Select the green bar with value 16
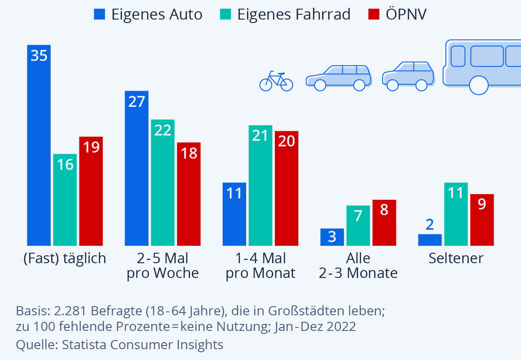tap(65, 200)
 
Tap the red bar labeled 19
tap(91, 191)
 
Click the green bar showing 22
tap(163, 182)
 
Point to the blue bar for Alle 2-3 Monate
tap(332, 237)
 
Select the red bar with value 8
tap(384, 222)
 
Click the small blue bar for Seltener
tap(430, 240)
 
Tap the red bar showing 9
tap(482, 220)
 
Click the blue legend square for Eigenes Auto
tap(99, 15)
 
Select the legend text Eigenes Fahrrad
tap(293, 15)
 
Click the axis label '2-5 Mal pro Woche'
tap(163, 266)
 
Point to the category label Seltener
tap(456, 258)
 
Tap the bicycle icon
tap(276, 81)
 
